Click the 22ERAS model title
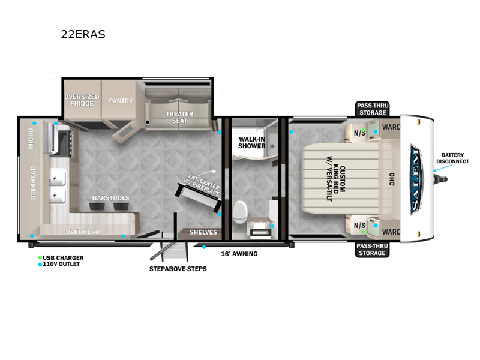[83, 34]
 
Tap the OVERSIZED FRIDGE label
[82, 100]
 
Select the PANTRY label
[121, 101]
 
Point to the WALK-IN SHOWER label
[253, 142]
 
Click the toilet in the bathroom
[239, 211]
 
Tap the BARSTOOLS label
[110, 197]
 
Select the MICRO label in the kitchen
[30, 139]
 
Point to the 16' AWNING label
[238, 254]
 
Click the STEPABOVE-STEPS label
[178, 269]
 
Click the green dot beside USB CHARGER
[40, 258]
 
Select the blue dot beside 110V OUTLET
[40, 265]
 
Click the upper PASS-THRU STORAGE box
[372, 109]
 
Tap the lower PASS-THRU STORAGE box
[372, 250]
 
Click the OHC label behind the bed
[391, 179]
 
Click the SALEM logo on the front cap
[416, 179]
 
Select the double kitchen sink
[58, 186]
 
